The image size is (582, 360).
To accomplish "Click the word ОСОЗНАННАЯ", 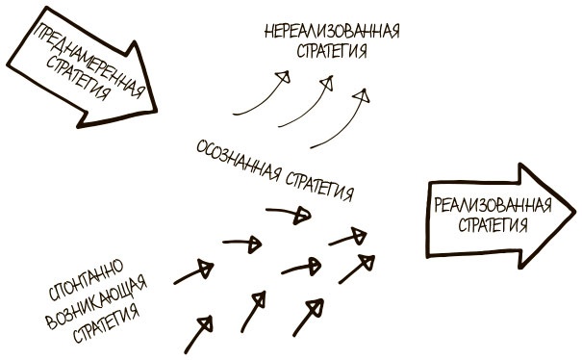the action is point(239,164).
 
